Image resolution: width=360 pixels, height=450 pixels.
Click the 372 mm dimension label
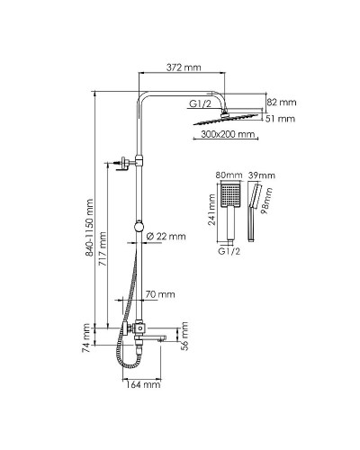pyautogui.click(x=184, y=67)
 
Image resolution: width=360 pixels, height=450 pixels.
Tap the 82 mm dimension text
pyautogui.click(x=282, y=103)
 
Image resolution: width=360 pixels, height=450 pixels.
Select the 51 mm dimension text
pyautogui.click(x=280, y=119)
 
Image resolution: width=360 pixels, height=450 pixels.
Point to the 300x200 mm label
pyautogui.click(x=228, y=134)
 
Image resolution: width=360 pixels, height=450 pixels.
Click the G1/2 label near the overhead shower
pyautogui.click(x=200, y=104)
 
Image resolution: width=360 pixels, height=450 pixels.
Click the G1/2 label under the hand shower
pyautogui.click(x=229, y=251)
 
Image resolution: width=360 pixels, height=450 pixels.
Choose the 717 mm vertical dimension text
pyautogui.click(x=103, y=248)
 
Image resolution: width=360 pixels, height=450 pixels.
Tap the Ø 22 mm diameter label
pyautogui.click(x=166, y=237)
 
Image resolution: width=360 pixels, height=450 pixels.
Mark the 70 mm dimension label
pyautogui.click(x=160, y=294)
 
